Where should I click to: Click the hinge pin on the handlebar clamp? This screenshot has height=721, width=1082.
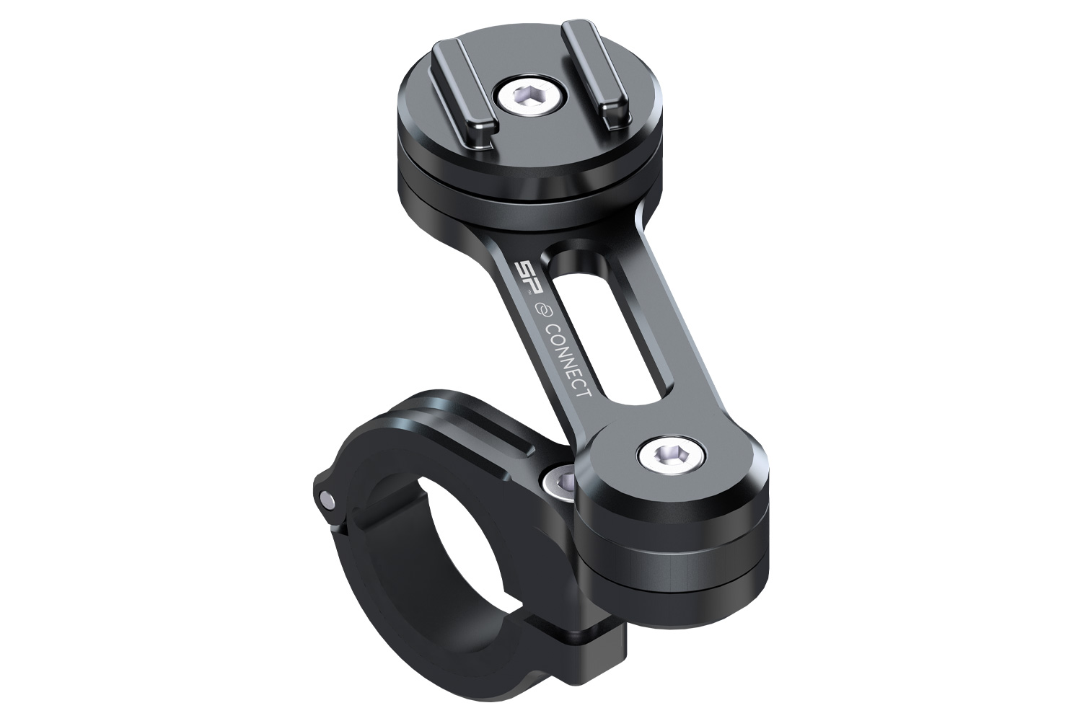pyautogui.click(x=328, y=497)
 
